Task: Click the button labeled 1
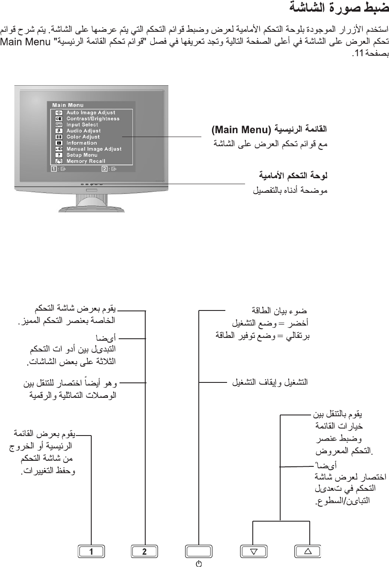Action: (x=92, y=552)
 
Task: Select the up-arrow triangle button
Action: (x=307, y=552)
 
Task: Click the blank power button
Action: (x=199, y=552)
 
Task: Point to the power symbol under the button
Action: (x=199, y=563)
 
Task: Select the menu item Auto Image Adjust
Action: (x=91, y=113)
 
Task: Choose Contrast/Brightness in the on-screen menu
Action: (x=93, y=119)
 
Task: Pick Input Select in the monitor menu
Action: (x=82, y=125)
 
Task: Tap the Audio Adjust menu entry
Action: (x=84, y=131)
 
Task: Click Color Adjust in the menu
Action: (x=83, y=137)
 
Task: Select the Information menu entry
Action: (x=81, y=143)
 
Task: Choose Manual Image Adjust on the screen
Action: (x=94, y=149)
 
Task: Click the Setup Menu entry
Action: (x=82, y=155)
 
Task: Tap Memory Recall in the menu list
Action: (x=86, y=161)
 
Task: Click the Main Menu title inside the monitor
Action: (x=68, y=105)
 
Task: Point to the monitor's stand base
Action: (x=92, y=209)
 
